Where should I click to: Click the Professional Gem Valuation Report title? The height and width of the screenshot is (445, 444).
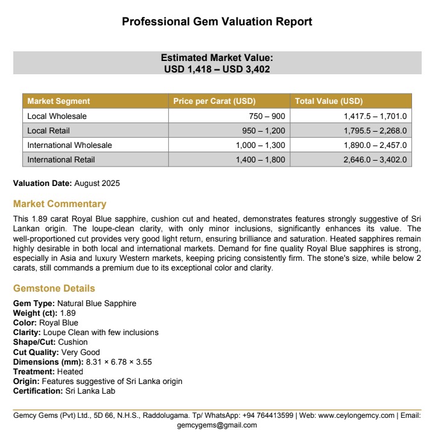217,22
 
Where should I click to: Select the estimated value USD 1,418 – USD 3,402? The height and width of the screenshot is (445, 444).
217,69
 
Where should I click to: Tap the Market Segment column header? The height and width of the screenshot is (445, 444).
59,101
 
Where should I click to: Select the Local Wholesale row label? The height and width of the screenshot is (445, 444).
57,116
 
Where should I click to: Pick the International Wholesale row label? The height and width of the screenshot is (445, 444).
69,145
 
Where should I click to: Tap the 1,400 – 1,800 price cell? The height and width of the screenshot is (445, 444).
261,159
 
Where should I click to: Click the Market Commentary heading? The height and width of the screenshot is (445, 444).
60,203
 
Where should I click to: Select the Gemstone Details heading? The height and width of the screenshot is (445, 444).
54,288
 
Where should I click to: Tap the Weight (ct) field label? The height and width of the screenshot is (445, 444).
35,313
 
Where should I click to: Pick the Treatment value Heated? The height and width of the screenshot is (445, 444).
70,371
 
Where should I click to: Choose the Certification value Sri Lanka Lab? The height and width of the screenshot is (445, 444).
90,391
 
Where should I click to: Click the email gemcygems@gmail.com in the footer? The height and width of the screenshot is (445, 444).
217,425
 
